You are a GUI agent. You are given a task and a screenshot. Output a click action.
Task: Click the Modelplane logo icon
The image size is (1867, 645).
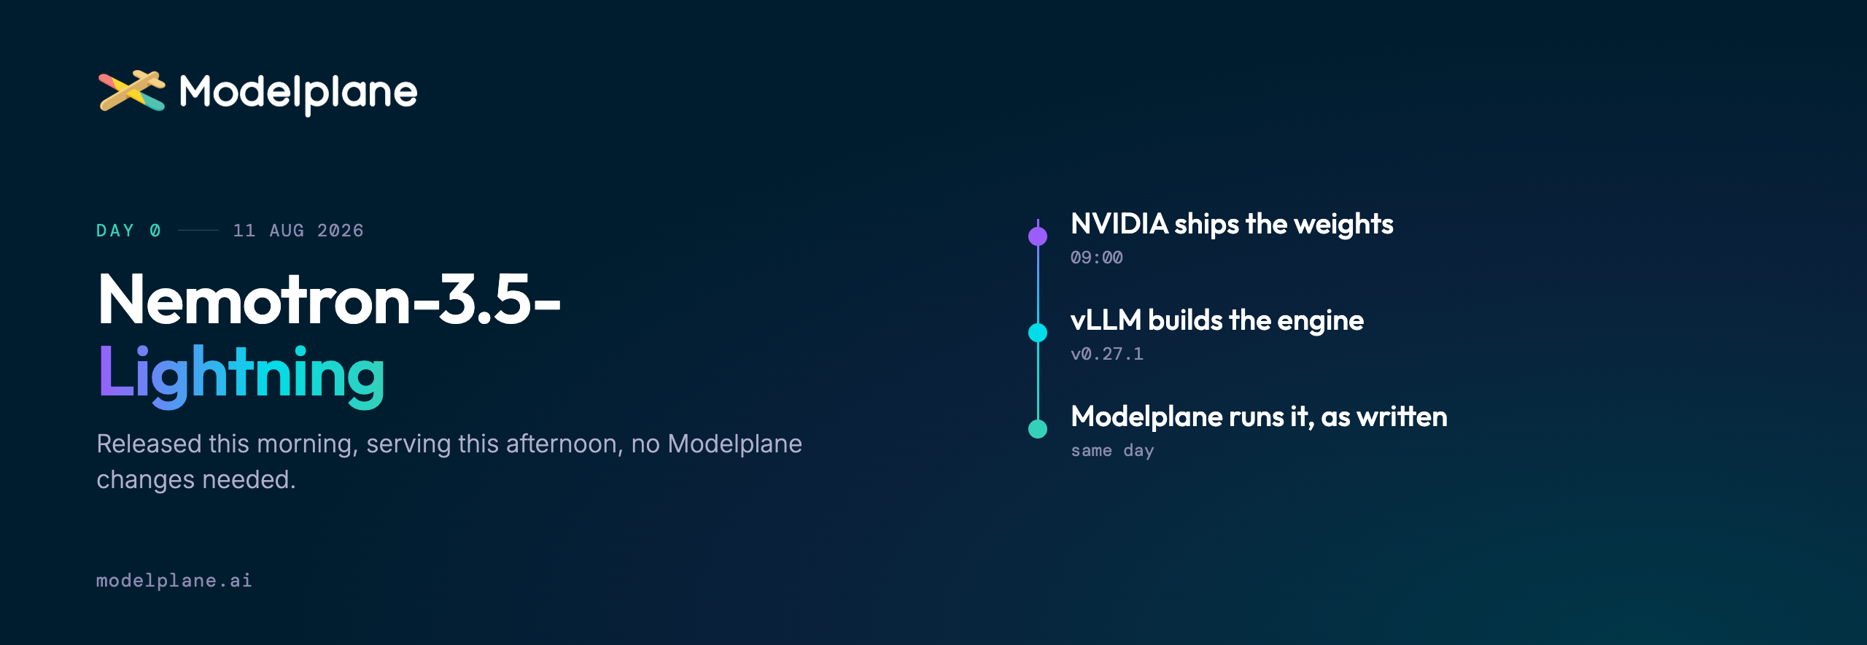[x=132, y=91]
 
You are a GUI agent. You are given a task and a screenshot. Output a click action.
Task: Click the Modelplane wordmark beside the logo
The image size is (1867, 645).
[x=298, y=93]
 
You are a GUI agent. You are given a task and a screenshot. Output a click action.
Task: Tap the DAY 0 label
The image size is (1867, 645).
[x=128, y=231]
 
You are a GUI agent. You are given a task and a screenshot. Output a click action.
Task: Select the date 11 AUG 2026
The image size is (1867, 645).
[x=298, y=231]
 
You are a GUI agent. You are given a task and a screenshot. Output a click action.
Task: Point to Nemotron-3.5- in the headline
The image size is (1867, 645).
[x=329, y=299]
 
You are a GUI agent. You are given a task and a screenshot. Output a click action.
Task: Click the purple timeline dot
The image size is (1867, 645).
[x=1038, y=236]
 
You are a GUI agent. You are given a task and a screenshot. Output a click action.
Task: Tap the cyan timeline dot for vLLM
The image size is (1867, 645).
[x=1038, y=333]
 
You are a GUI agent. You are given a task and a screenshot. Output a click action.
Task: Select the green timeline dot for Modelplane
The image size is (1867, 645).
[x=1038, y=429]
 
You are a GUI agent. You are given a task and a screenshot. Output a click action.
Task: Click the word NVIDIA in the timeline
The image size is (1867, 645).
[x=1119, y=224]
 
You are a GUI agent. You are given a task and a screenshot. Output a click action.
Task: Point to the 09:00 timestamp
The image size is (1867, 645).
[x=1097, y=258]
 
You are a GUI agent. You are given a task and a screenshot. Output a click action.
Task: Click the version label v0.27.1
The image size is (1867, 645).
[x=1107, y=354]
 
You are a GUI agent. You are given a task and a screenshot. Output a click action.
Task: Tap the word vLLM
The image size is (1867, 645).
[x=1106, y=320]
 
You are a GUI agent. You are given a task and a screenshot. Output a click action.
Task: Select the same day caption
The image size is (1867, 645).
[x=1112, y=450]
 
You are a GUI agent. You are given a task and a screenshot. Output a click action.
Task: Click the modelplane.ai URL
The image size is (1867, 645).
[x=174, y=581]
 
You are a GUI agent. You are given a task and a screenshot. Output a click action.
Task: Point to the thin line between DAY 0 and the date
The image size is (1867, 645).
[x=198, y=231]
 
